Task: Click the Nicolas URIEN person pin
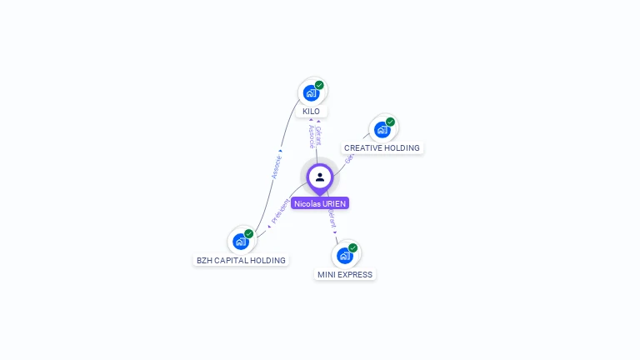click(x=320, y=177)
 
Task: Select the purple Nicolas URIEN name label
click(x=320, y=203)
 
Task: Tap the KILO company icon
click(x=312, y=92)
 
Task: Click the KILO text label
click(x=311, y=112)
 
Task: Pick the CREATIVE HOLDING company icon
click(x=382, y=129)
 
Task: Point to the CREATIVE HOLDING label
click(x=382, y=148)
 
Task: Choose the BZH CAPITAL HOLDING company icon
click(x=241, y=242)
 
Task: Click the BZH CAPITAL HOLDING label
click(x=241, y=261)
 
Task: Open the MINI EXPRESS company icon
click(x=344, y=255)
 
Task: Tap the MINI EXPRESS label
click(x=345, y=274)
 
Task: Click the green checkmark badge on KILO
click(x=319, y=85)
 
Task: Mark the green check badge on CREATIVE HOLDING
click(x=390, y=122)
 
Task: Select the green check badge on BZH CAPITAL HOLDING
click(x=248, y=234)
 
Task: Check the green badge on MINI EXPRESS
click(x=352, y=247)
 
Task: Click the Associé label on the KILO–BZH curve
click(x=277, y=167)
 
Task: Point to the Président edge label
click(x=280, y=212)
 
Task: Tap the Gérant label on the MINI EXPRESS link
click(x=333, y=219)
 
